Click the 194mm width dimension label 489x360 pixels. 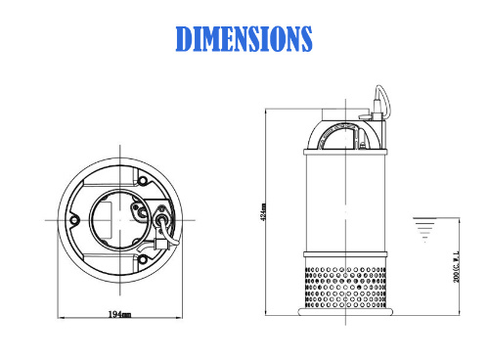tap(120, 313)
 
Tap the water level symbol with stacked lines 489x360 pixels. tap(422, 227)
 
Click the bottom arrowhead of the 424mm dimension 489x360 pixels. tap(268, 312)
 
